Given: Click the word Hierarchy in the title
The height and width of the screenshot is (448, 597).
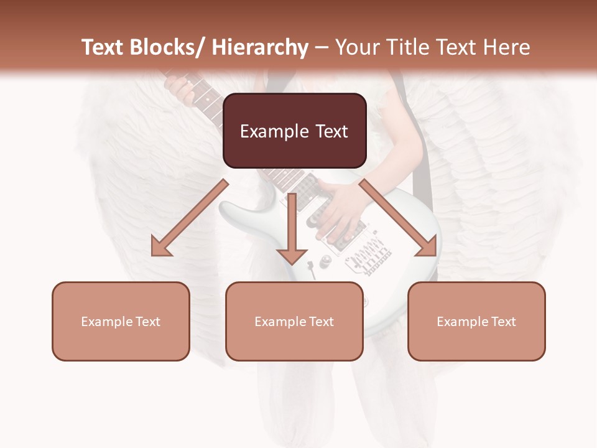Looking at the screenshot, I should (260, 48).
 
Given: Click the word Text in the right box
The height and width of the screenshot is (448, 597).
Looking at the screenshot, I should (502, 322).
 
